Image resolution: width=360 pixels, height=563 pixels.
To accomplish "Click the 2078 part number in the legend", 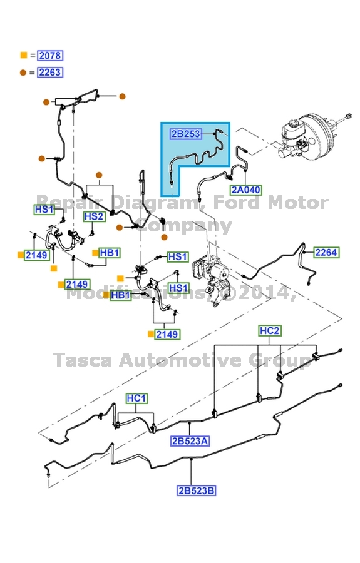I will (50, 56).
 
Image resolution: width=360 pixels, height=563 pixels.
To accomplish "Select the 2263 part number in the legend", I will (49, 73).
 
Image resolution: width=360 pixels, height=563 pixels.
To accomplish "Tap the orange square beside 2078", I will (24, 56).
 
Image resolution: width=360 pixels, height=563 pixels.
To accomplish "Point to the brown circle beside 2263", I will (23, 73).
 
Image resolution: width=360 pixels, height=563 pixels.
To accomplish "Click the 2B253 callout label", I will (185, 133).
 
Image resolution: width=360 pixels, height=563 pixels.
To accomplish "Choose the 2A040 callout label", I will (245, 190).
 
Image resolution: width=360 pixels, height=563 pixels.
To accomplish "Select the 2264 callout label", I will (326, 253).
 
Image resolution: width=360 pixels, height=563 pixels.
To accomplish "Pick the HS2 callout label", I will (94, 216).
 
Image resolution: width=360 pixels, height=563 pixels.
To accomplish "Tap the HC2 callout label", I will (270, 330).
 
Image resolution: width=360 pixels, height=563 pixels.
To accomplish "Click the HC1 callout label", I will (136, 398).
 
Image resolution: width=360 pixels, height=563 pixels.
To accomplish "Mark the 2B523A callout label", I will (190, 441).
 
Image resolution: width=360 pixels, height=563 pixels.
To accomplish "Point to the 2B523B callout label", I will (196, 490).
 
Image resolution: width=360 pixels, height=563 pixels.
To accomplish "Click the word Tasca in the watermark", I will (81, 360).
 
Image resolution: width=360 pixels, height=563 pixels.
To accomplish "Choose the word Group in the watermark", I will (281, 360).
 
